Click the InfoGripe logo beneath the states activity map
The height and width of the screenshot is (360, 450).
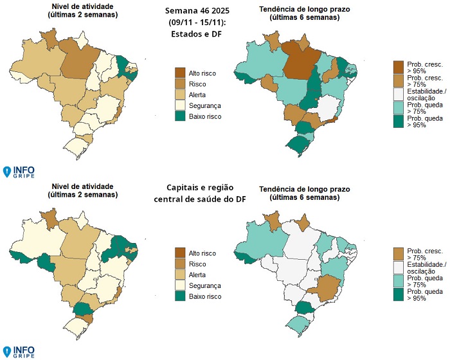(19, 172)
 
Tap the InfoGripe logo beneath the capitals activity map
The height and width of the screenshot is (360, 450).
(19, 351)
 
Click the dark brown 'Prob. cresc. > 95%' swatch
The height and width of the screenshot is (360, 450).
(399, 67)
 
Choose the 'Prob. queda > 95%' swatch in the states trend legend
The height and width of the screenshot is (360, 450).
(399, 122)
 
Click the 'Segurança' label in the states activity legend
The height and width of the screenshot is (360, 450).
(205, 106)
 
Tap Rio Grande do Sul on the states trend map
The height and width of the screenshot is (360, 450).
(298, 146)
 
